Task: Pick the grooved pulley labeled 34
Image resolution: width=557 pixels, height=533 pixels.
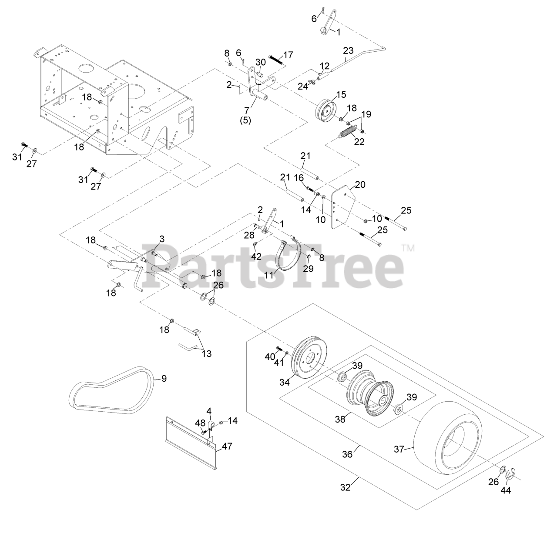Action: coord(309,358)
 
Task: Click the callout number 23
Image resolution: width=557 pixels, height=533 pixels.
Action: coord(348,50)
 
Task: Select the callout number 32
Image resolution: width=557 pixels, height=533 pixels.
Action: coord(345,487)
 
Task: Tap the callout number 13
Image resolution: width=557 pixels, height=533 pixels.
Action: coord(206,353)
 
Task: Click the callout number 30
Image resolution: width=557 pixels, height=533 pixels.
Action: coord(260,62)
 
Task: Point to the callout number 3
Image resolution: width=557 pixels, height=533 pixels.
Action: coord(162,239)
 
